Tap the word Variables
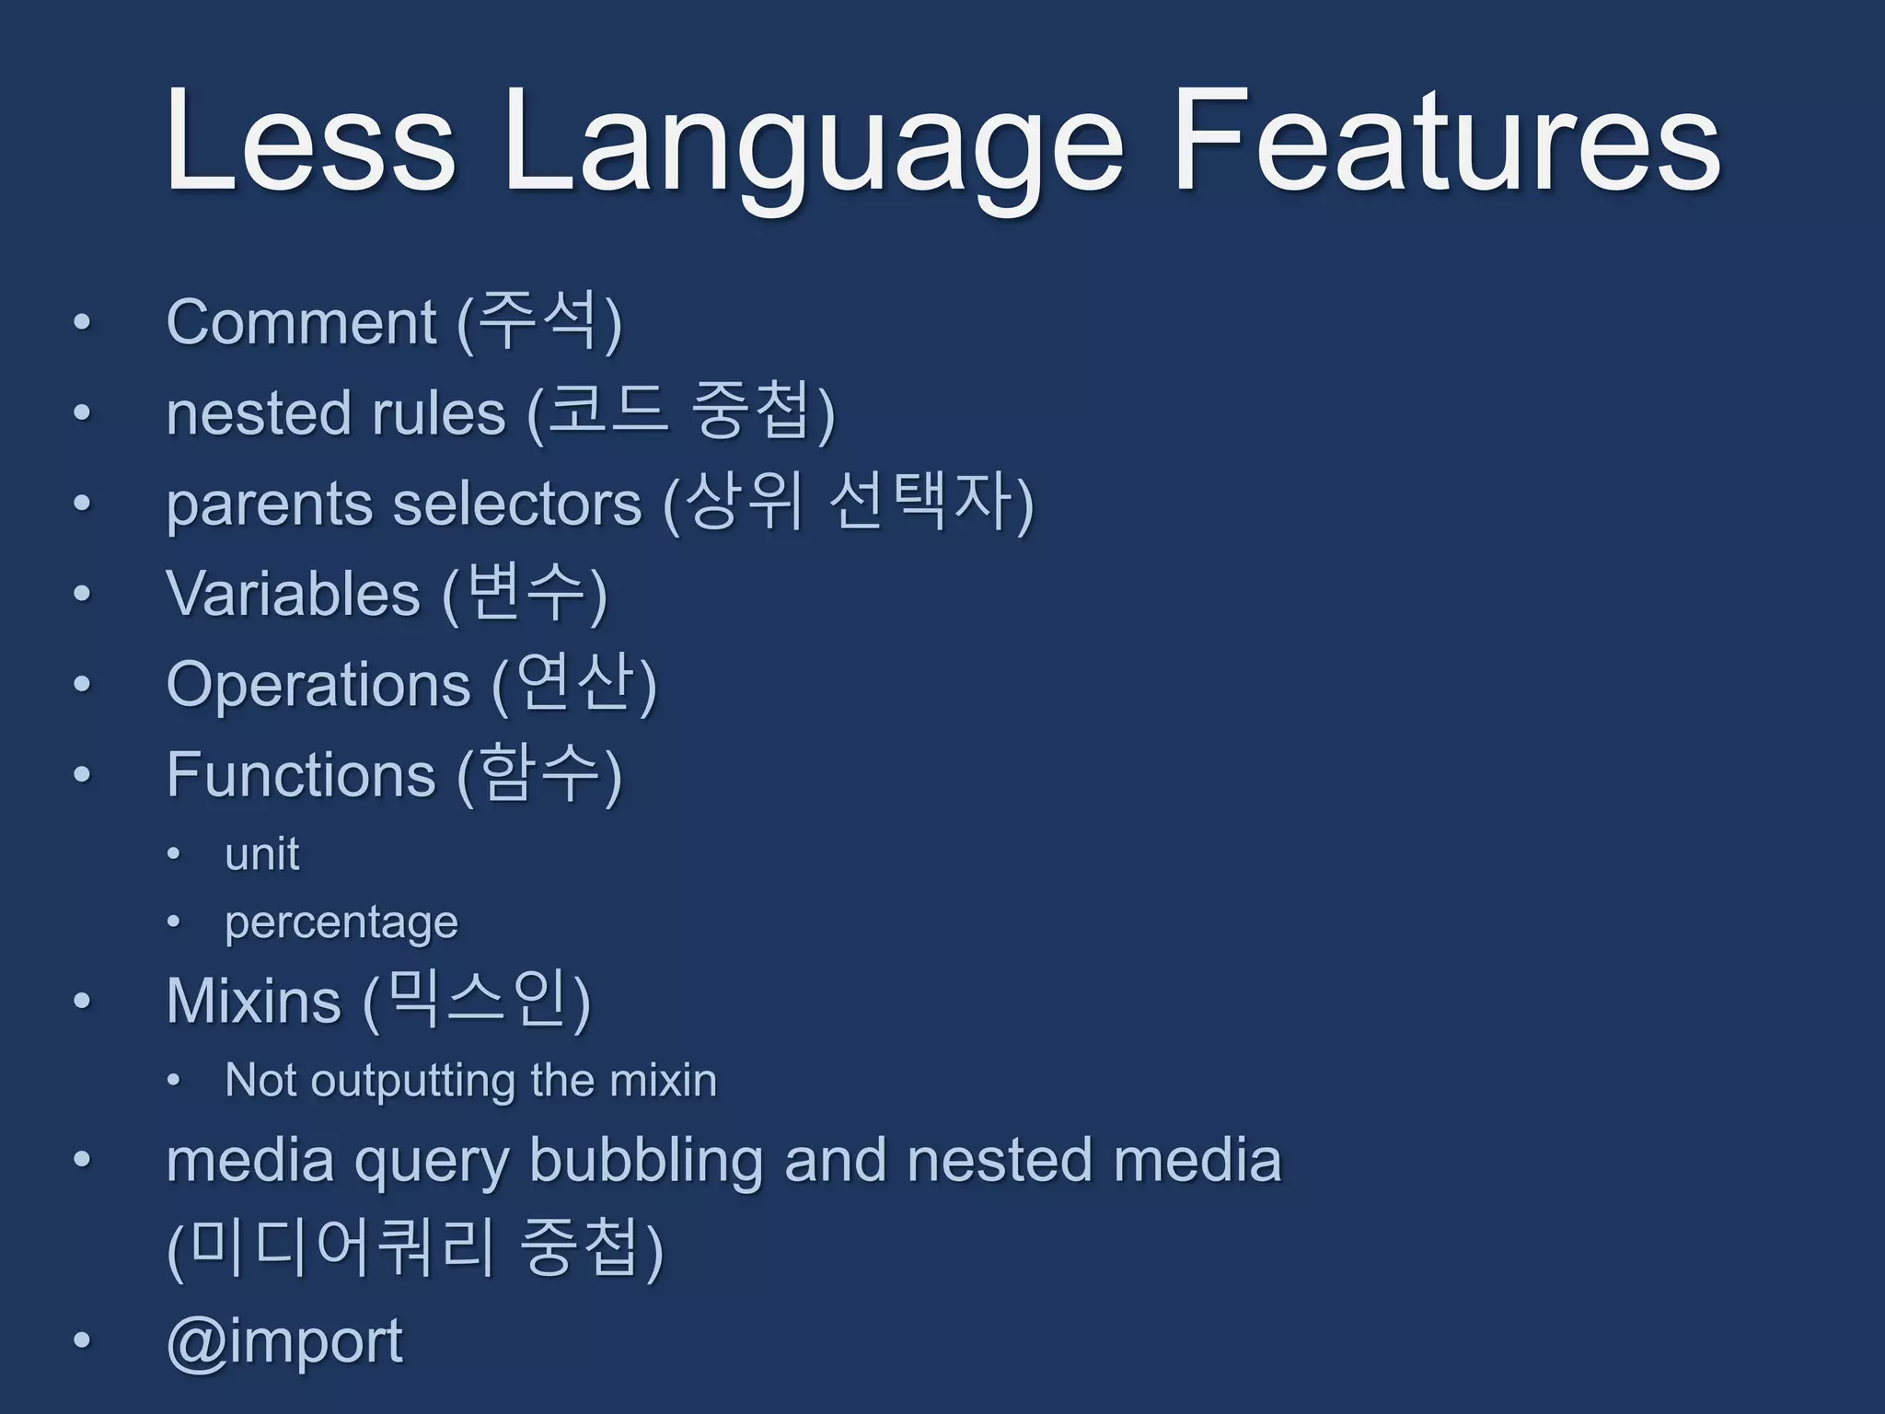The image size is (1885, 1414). pos(293,594)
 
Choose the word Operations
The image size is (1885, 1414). pos(318,685)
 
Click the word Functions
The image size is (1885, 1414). pos(301,775)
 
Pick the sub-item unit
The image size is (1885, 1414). pos(261,854)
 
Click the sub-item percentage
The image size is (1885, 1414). pos(341,923)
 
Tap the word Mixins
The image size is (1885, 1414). pos(254,1002)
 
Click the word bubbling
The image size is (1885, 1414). pos(645,1162)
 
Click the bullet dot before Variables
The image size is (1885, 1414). pos(83,594)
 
